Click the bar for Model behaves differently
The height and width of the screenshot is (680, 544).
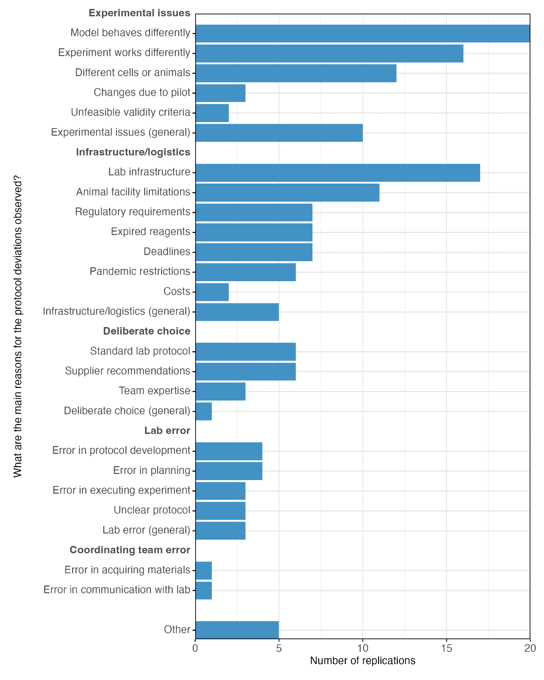[362, 33]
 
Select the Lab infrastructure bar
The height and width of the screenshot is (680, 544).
[338, 173]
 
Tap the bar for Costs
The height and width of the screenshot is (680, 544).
[212, 292]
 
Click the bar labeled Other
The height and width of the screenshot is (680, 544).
[237, 630]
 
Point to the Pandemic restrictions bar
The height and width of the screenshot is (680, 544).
[245, 272]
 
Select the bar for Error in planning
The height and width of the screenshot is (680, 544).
[229, 471]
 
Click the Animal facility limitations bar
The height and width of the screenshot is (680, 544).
[287, 192]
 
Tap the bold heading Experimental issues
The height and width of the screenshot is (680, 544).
[139, 13]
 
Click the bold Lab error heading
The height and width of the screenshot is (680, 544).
[167, 431]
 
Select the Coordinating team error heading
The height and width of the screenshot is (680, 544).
[130, 550]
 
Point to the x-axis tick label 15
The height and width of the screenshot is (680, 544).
[446, 649]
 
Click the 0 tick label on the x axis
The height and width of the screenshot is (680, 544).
[195, 649]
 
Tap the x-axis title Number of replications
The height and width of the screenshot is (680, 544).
[362, 661]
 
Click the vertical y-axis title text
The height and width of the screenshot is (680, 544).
[18, 326]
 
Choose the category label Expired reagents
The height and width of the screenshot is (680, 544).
[150, 232]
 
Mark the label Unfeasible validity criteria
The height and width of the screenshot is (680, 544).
[131, 113]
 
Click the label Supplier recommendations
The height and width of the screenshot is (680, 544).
[128, 371]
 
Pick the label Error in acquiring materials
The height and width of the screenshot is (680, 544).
[127, 570]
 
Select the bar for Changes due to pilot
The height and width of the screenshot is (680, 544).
[220, 93]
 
